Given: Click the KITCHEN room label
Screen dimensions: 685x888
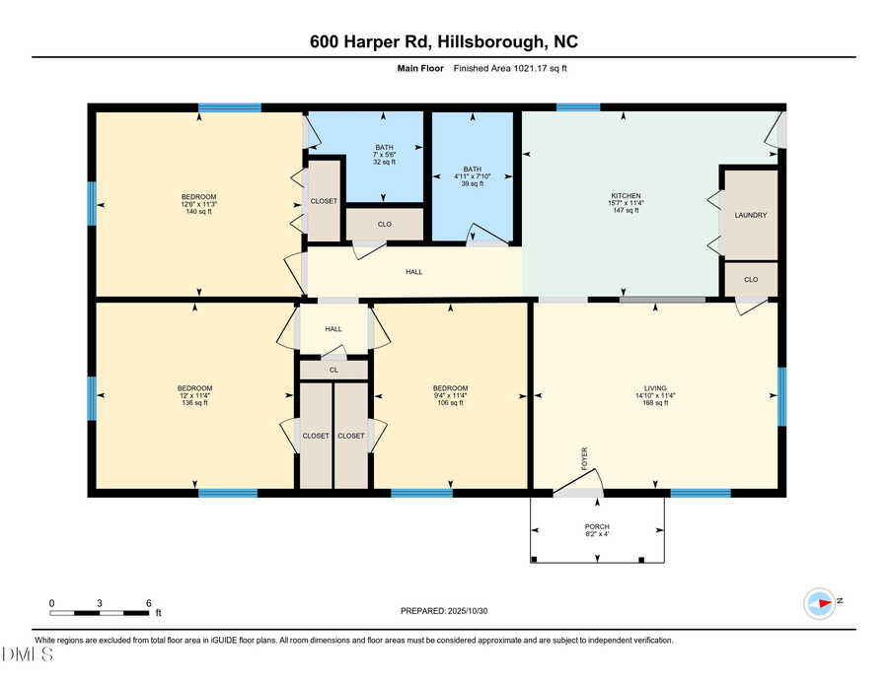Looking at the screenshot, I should coord(626,196).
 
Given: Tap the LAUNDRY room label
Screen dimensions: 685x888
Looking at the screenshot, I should coord(751,215).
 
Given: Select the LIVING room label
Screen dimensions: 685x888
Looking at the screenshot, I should coord(655,388).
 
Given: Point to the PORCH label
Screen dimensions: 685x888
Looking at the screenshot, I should coord(597,526).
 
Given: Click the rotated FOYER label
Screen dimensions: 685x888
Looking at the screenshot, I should coord(584,456).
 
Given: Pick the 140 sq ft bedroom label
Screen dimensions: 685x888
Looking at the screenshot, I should coord(198,196).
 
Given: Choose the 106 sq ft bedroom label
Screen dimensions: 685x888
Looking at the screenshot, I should coord(450,388).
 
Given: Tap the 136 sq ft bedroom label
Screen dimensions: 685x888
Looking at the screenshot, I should coord(194,388).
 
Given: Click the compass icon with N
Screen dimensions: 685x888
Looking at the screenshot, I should coord(821,601).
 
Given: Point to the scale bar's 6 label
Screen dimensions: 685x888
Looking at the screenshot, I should coord(147,602).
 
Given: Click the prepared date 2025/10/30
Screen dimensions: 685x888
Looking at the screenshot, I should coord(444,611).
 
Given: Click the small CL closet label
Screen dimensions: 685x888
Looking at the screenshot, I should coord(333,370).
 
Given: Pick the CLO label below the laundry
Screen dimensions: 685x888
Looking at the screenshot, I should coord(751,280).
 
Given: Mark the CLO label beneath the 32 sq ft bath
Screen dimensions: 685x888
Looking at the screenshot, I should coord(384,224).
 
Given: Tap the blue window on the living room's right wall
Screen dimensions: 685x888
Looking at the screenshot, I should coord(781,396).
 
